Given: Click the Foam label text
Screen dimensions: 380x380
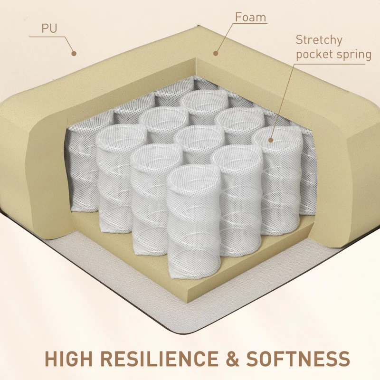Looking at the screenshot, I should tap(250, 18).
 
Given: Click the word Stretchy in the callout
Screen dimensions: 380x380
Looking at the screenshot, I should tap(319, 39).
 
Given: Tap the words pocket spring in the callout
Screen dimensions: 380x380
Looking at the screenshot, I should tap(333, 55).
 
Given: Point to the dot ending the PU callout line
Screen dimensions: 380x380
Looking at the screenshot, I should tap(74, 54).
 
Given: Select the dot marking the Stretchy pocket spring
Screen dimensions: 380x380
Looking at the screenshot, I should tap(271, 140).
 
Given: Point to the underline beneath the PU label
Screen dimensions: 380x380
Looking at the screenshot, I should tap(45, 36).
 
